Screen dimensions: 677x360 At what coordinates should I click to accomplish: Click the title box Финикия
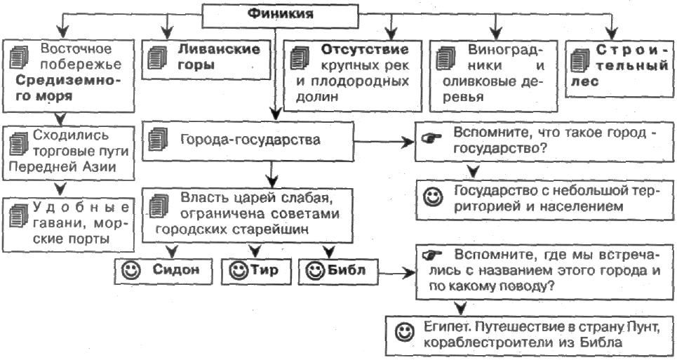point(281,15)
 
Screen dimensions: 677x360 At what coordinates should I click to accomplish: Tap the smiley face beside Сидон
point(131,271)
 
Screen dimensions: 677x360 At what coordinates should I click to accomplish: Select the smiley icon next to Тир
point(239,271)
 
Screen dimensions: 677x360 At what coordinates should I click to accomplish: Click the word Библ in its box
point(347,270)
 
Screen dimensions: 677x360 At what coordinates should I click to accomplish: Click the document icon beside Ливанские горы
point(158,58)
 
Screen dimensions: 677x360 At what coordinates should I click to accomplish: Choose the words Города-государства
point(250,140)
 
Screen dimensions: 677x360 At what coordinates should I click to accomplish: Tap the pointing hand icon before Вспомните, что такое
point(431,138)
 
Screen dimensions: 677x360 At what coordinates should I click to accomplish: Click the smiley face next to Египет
point(404,332)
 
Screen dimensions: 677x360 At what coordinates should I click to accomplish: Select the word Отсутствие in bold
point(364,50)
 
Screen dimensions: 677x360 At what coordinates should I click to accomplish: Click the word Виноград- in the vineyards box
point(504,50)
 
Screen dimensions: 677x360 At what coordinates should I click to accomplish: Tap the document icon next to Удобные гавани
point(18,215)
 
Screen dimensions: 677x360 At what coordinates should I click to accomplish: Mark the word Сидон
point(175,269)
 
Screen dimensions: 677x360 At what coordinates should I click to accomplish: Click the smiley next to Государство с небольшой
point(433,197)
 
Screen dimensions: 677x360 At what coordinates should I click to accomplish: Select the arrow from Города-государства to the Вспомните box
point(384,142)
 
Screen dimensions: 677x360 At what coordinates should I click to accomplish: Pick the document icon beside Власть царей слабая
point(159,206)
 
